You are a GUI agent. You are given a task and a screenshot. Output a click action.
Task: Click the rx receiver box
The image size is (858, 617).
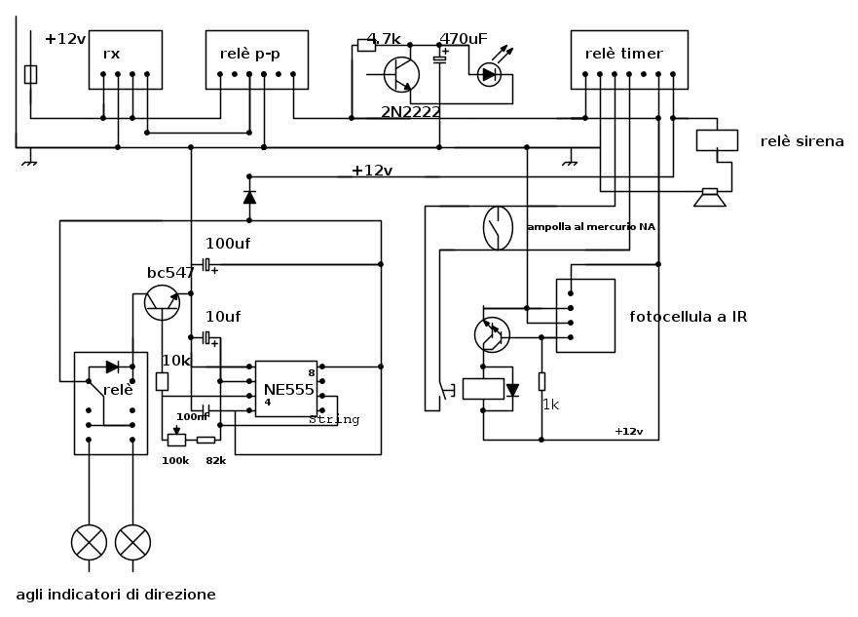click(x=125, y=59)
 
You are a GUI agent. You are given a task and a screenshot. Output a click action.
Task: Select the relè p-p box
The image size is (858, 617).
click(x=256, y=59)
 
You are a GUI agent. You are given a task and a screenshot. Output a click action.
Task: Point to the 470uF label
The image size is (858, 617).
click(x=464, y=39)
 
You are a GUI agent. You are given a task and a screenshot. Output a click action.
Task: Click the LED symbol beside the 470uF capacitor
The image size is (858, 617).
click(x=489, y=75)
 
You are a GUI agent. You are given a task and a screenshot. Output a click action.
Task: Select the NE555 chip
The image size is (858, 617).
click(x=285, y=389)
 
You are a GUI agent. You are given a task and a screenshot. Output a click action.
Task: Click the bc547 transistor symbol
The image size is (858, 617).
click(x=162, y=302)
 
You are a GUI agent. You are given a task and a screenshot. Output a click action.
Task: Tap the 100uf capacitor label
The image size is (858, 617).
click(x=228, y=244)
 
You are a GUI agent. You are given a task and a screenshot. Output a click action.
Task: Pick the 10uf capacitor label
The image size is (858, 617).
click(x=222, y=316)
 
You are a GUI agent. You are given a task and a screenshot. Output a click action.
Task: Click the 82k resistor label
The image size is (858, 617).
click(x=215, y=460)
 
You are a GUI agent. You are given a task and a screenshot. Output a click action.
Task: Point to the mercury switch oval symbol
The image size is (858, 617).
click(x=498, y=227)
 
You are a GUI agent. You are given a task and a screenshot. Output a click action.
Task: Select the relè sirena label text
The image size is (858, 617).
click(x=802, y=141)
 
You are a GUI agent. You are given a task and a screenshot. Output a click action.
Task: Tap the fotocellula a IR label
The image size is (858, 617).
click(x=689, y=316)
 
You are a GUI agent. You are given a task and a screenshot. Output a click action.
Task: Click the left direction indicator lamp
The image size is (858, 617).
click(x=90, y=542)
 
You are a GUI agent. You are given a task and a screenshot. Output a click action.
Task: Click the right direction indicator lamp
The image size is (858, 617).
click(x=132, y=542)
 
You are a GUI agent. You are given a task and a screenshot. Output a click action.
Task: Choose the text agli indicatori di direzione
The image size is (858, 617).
click(x=116, y=595)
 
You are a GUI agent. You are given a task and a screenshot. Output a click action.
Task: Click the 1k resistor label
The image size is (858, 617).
click(x=551, y=405)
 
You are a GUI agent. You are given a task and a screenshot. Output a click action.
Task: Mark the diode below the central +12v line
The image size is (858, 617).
click(x=249, y=197)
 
